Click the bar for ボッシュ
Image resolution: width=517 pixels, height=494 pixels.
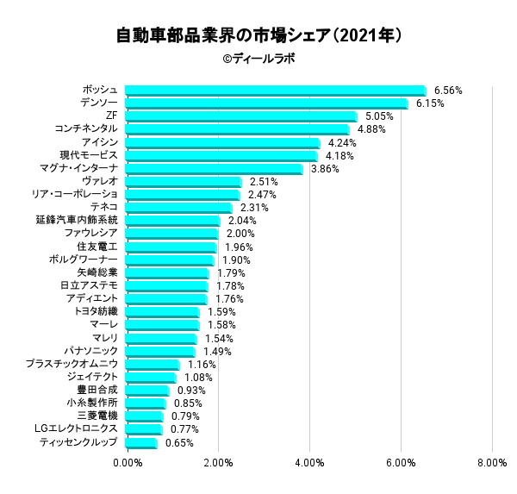[x=276, y=91]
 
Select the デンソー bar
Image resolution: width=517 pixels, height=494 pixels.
[x=266, y=103]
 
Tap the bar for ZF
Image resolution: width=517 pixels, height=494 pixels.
[x=241, y=116]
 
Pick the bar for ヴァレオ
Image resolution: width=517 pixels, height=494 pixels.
[x=184, y=182]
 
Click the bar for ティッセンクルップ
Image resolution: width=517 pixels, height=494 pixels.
[x=141, y=443]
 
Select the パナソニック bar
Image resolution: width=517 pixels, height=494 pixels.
[x=160, y=352]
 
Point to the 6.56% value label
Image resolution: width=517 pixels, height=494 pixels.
[x=448, y=90]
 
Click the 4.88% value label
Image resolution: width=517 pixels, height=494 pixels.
[x=371, y=129]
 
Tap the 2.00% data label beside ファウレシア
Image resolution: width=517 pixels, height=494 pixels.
[x=240, y=234]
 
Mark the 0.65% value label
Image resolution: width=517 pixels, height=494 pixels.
[x=179, y=443]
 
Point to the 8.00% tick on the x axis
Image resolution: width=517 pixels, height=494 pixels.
[x=491, y=464]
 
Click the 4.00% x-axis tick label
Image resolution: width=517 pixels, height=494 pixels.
[x=309, y=464]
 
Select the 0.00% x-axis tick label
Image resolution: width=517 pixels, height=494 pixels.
[x=128, y=464]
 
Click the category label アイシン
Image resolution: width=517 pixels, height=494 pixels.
[x=99, y=142]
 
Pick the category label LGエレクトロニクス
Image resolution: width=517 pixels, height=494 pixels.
[x=76, y=429]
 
